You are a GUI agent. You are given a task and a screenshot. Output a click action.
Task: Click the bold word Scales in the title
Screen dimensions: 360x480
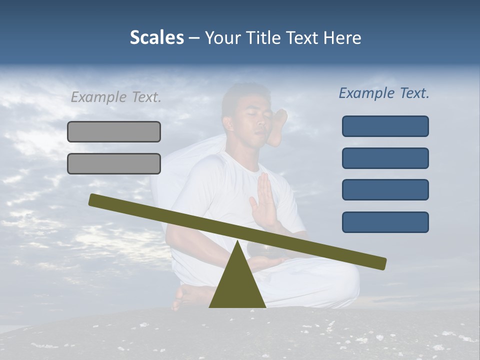coord(156,37)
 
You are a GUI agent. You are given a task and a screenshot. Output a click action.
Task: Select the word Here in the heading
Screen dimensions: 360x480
coord(341,38)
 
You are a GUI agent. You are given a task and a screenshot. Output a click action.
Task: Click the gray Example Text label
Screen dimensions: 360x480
coord(116,97)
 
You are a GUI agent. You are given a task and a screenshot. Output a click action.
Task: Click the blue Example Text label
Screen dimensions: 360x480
coord(384,93)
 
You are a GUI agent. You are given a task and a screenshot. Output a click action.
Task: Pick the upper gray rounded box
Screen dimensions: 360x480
coord(114,132)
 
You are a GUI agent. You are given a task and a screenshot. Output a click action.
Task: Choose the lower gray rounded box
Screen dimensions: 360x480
coord(114,164)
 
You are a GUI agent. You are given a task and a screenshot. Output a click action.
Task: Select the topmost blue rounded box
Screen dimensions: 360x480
coord(385,126)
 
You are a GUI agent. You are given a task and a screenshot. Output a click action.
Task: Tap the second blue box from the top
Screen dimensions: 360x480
coord(385,158)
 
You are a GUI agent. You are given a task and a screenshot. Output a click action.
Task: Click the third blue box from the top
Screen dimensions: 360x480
coord(385,190)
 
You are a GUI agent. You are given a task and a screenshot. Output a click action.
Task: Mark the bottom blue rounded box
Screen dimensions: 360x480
coord(385,222)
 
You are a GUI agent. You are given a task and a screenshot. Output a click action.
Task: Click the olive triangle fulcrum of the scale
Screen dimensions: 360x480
coord(237,285)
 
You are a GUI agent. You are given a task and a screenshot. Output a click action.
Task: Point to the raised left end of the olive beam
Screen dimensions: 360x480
coord(94,199)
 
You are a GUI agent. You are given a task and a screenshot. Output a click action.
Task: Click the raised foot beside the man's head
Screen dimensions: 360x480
coord(278,127)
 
